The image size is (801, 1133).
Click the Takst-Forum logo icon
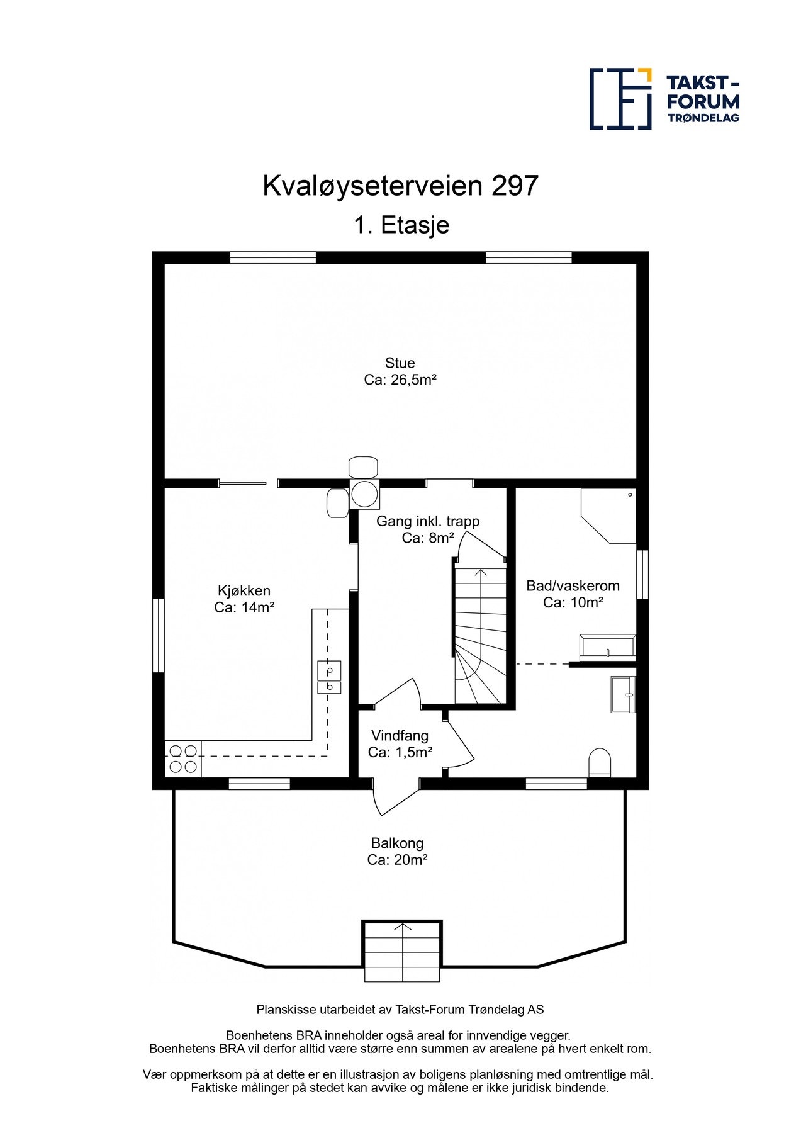[x=620, y=99]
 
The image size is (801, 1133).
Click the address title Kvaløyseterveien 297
[x=400, y=186]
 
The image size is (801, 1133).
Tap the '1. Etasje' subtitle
[x=401, y=225]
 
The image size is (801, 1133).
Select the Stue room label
[x=400, y=363]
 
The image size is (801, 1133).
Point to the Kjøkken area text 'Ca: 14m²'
[x=244, y=607]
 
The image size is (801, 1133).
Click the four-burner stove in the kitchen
[x=182, y=758]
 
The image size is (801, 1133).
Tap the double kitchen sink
[x=329, y=677]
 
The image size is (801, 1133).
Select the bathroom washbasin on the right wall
[x=623, y=694]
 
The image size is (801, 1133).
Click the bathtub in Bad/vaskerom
[x=607, y=647]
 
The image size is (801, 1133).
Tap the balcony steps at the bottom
[x=402, y=951]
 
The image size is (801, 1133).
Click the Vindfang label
[x=400, y=736]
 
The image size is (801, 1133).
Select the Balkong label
[x=397, y=843]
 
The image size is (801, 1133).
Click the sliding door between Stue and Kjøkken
[x=243, y=483]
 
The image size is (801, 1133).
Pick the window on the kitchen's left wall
[x=159, y=636]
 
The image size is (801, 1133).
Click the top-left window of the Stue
[x=272, y=257]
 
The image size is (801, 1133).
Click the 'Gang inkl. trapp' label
[x=428, y=521]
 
